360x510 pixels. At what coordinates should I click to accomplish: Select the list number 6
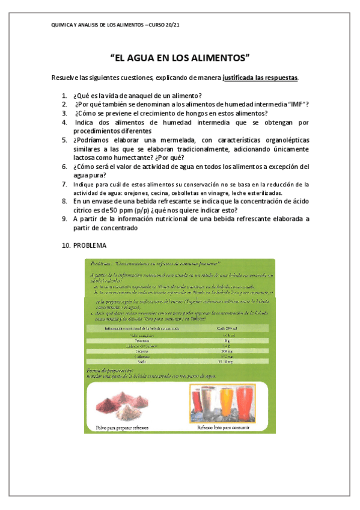(64, 167)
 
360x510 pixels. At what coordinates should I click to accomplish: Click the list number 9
(64, 219)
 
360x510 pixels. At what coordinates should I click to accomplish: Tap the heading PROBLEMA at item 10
(90, 245)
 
